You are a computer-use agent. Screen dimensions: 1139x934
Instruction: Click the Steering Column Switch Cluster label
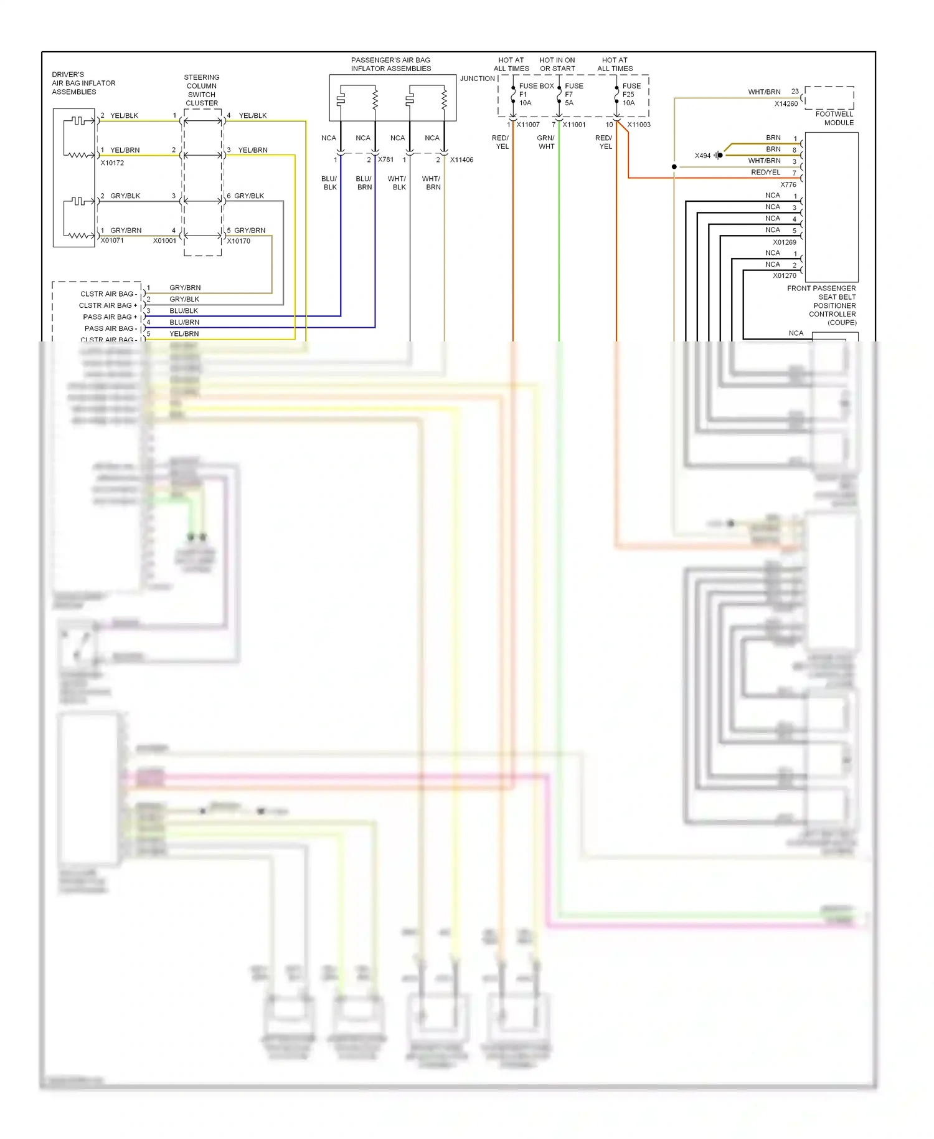[202, 90]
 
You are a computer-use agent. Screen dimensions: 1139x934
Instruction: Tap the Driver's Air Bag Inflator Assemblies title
[83, 83]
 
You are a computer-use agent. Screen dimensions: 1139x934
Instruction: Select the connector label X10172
[112, 163]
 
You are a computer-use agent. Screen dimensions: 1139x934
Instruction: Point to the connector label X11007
[527, 125]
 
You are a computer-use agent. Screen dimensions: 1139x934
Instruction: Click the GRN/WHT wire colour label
[546, 143]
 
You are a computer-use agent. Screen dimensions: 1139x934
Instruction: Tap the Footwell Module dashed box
[829, 98]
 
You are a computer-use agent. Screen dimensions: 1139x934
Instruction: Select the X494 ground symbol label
[702, 156]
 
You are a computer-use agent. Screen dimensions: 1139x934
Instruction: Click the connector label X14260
[785, 104]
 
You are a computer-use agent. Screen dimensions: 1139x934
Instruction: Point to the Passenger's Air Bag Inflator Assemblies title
[390, 65]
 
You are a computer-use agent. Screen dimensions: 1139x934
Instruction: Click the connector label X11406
[461, 160]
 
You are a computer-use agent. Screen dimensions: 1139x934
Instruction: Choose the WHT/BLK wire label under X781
[397, 183]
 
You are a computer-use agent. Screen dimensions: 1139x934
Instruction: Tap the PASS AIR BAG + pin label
[110, 317]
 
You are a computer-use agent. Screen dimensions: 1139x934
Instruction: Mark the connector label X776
[788, 185]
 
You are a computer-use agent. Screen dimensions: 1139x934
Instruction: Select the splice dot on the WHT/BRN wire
[674, 167]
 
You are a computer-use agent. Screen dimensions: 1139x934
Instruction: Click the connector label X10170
[238, 241]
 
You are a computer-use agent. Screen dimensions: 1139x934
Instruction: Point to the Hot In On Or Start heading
[557, 65]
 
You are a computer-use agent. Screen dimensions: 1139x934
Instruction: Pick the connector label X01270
[784, 275]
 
